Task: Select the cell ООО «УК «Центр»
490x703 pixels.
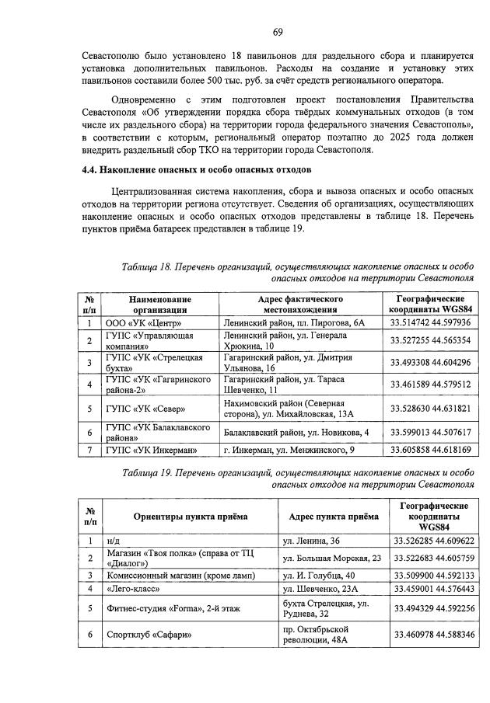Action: (144, 323)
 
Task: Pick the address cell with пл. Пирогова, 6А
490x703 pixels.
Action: (293, 323)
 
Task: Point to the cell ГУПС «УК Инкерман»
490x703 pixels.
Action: (150, 449)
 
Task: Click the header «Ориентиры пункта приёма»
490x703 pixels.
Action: (191, 516)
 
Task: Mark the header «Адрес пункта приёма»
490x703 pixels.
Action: (334, 516)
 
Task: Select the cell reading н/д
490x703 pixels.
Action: (114, 540)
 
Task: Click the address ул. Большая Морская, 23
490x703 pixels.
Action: (332, 558)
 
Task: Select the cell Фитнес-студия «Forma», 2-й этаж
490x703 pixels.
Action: (175, 609)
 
